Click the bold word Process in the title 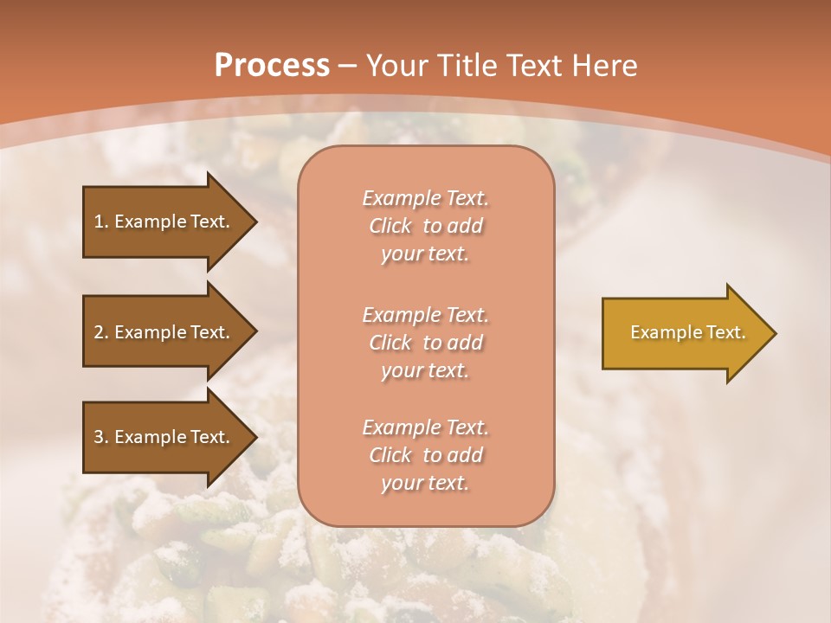click(x=272, y=66)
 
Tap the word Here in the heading click(x=604, y=66)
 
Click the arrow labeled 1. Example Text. click(x=164, y=222)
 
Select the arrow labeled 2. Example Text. click(x=164, y=332)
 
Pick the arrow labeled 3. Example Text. click(x=164, y=437)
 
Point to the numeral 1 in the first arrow click(x=99, y=222)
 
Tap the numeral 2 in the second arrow click(x=99, y=332)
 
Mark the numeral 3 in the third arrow click(x=99, y=437)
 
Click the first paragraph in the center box click(x=425, y=226)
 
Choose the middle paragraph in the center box click(x=425, y=343)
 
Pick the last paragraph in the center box click(x=425, y=455)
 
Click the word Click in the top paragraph click(x=390, y=226)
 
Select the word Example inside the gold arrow click(x=659, y=332)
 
